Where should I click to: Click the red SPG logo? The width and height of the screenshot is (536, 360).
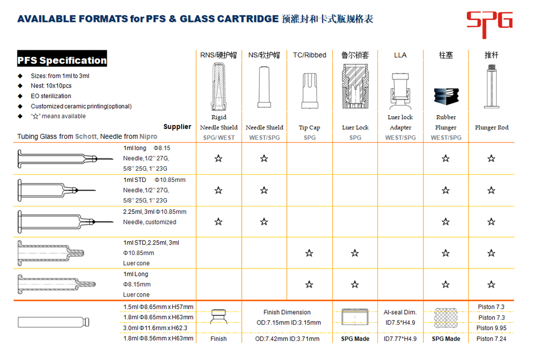pos(489,21)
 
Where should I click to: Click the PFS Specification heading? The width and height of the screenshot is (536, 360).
pos(62,60)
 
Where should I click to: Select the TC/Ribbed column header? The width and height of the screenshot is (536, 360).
pos(309,55)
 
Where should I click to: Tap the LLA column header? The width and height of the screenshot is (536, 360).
pos(400,55)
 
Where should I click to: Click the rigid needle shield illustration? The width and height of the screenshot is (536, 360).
pos(218,87)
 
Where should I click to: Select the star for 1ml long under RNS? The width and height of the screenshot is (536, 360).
pos(218,159)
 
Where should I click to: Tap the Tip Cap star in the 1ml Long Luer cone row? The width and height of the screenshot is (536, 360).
pos(309,285)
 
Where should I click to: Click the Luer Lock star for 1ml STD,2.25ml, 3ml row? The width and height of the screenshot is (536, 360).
pos(355,253)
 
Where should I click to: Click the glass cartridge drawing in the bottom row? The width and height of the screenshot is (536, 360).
pos(53,323)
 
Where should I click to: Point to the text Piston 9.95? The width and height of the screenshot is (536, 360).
pos(491,328)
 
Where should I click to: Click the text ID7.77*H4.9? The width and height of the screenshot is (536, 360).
pos(400,339)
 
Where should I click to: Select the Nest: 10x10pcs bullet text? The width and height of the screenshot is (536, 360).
pos(51,86)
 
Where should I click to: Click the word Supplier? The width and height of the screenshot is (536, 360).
pos(177,127)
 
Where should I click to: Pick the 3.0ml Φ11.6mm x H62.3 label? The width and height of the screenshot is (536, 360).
pos(155,328)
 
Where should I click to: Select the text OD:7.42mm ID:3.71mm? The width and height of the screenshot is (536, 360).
pos(287,339)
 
